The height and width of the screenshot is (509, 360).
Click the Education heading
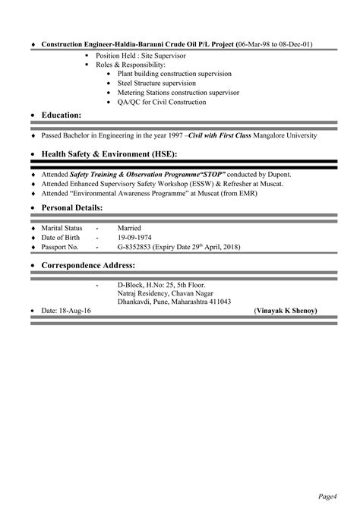pyautogui.click(x=61, y=115)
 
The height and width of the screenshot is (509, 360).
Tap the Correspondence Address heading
pyautogui.click(x=88, y=265)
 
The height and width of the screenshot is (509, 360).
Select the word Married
pyautogui.click(x=129, y=228)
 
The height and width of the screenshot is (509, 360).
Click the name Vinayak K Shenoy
pyautogui.click(x=286, y=311)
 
